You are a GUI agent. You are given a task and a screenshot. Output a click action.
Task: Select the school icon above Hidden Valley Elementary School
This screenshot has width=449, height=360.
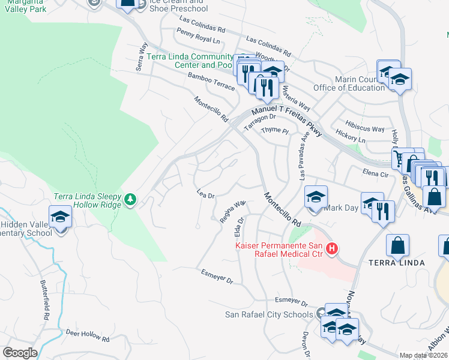tap(60, 216)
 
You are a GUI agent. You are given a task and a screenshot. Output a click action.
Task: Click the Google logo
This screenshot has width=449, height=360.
tap(20, 353)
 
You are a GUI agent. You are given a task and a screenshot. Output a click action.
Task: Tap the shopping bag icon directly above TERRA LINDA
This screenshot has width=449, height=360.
tap(397, 244)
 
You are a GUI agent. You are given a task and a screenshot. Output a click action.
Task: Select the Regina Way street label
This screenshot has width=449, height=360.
tap(232, 212)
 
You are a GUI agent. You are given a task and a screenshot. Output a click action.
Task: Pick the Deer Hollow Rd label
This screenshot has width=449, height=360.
tap(88, 335)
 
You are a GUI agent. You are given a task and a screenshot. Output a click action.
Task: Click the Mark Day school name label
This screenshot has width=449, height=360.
tap(340, 208)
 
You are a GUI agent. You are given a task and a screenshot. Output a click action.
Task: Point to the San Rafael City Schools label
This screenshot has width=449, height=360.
tap(269, 314)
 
